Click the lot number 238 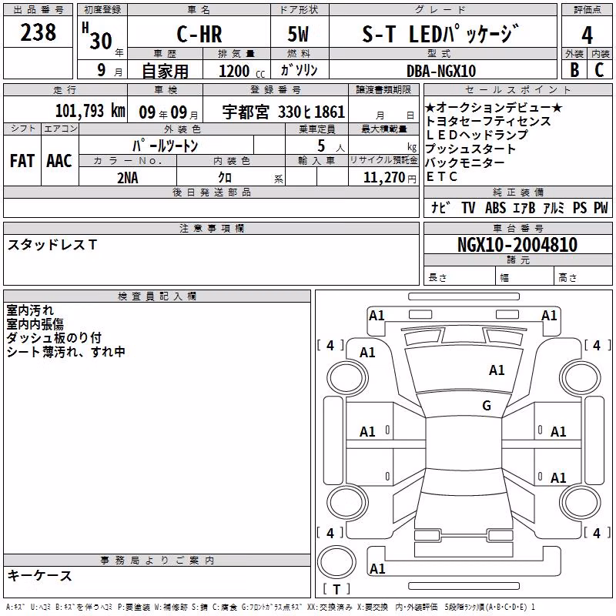(38, 32)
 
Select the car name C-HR (199, 34)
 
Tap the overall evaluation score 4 (587, 35)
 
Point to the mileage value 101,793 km (90, 111)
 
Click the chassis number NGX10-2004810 (517, 245)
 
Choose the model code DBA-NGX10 (441, 71)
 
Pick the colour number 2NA (128, 178)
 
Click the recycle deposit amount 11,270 (384, 178)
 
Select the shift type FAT (22, 161)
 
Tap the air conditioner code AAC (59, 161)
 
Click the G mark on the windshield (487, 405)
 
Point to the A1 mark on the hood (497, 370)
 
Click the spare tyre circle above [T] (336, 561)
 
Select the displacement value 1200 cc (242, 71)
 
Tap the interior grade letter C (599, 70)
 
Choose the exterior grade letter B (574, 70)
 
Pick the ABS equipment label (495, 207)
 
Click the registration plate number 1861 (330, 112)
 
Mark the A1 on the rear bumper (377, 568)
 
